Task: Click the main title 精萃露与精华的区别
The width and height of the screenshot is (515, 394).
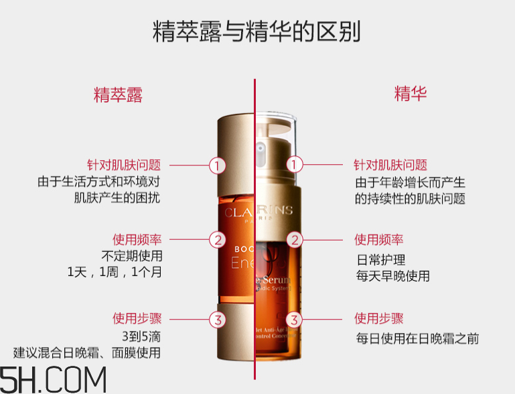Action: tap(257, 31)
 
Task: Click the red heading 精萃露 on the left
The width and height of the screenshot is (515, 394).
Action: tap(118, 94)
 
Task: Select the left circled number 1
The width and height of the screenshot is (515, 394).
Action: tap(216, 165)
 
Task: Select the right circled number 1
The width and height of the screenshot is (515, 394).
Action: tap(295, 165)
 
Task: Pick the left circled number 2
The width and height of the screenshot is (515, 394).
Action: tap(216, 239)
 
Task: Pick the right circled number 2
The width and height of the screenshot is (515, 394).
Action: tap(295, 239)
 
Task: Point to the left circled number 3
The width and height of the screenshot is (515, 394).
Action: tap(216, 319)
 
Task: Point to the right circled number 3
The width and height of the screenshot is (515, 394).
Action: tap(295, 319)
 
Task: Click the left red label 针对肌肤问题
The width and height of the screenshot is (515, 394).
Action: tap(125, 165)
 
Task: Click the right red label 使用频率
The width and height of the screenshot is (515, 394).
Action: tap(379, 239)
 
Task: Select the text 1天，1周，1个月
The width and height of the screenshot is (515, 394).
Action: tap(115, 273)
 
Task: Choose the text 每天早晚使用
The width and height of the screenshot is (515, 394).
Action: tap(392, 276)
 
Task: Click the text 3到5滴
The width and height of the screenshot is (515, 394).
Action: tap(141, 335)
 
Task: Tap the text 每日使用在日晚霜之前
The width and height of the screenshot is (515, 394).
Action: tap(417, 338)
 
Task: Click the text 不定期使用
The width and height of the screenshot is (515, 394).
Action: tap(132, 255)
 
